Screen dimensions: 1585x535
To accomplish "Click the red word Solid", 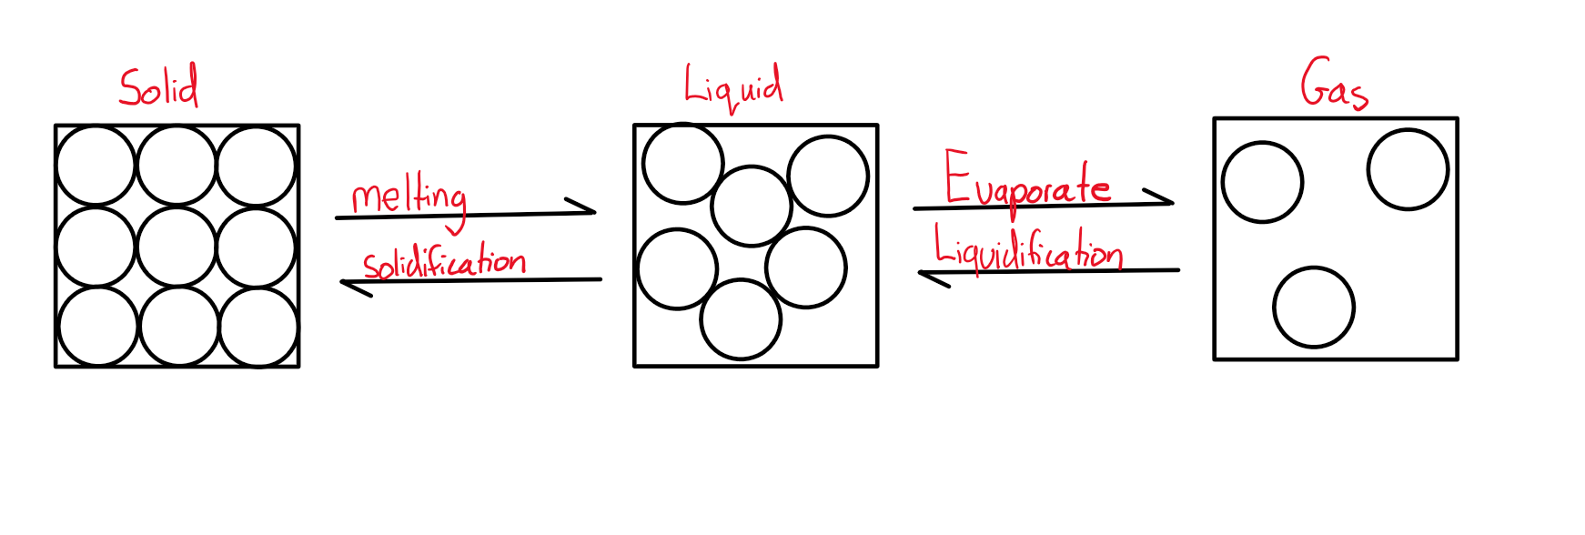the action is pyautogui.click(x=158, y=87).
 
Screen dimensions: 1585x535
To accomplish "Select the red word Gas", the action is pyautogui.click(x=1334, y=85).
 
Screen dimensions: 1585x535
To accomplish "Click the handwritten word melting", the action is pyautogui.click(x=409, y=197).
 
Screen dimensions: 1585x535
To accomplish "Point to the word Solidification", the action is pyautogui.click(x=444, y=262).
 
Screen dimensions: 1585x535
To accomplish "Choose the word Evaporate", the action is pyautogui.click(x=1026, y=182).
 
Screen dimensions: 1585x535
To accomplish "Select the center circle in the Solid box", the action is pyautogui.click(x=177, y=247).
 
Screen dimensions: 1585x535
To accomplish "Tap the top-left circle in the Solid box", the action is pyautogui.click(x=96, y=167).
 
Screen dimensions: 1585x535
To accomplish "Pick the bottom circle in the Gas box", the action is pyautogui.click(x=1314, y=308).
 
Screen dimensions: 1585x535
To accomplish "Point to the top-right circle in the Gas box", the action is pyautogui.click(x=1408, y=170).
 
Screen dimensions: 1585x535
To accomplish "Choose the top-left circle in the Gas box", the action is pyautogui.click(x=1262, y=182).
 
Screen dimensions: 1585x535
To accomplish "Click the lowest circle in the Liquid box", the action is pyautogui.click(x=741, y=319).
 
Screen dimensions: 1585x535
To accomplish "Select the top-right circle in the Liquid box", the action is pyautogui.click(x=828, y=176).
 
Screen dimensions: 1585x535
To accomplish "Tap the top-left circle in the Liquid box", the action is pyautogui.click(x=682, y=164).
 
